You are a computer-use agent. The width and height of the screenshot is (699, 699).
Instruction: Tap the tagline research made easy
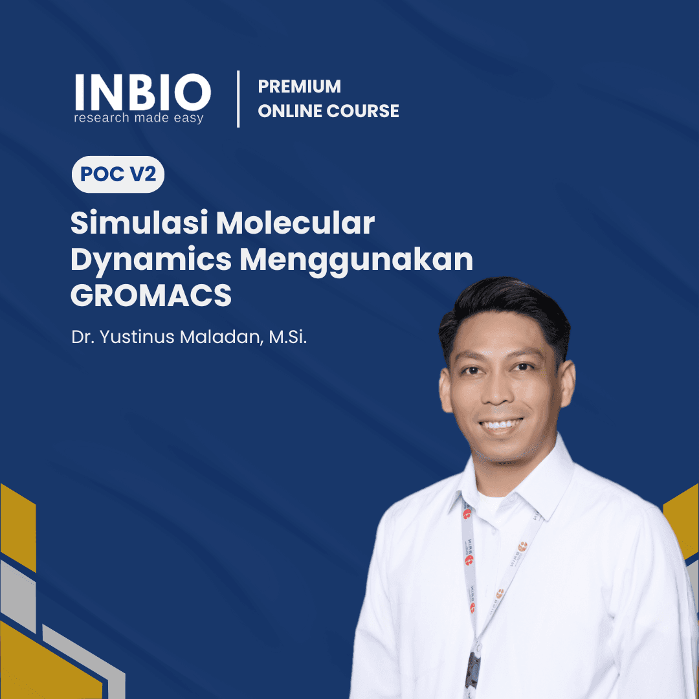pyautogui.click(x=139, y=118)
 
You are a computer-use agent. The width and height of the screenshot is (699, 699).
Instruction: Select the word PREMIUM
pyautogui.click(x=299, y=86)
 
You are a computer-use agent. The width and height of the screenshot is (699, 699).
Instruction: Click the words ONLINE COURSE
pyautogui.click(x=328, y=111)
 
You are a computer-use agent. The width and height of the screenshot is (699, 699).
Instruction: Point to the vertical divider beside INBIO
pyautogui.click(x=238, y=99)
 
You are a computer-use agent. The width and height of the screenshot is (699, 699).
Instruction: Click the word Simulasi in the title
pyautogui.click(x=138, y=224)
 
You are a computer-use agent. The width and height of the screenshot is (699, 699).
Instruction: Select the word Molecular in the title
pyautogui.click(x=295, y=224)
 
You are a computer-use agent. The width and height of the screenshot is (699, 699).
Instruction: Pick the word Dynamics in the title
pyautogui.click(x=150, y=260)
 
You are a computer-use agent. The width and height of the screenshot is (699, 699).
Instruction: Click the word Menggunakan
pyautogui.click(x=357, y=260)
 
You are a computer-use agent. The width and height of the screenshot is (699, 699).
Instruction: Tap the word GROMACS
pyautogui.click(x=150, y=296)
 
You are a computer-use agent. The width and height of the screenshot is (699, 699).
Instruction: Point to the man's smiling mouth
pyautogui.click(x=502, y=425)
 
